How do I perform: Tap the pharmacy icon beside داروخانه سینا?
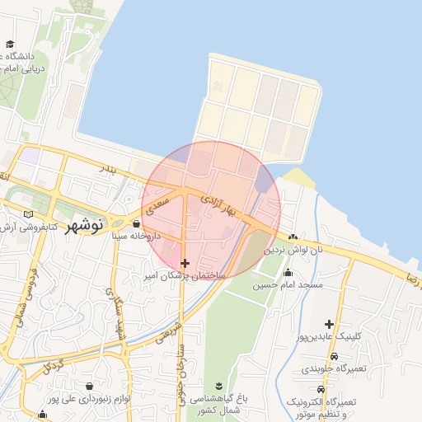(136, 223)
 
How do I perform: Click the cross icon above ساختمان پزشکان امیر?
(185, 262)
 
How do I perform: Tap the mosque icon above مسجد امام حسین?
(288, 273)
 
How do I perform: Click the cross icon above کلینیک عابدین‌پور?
(330, 324)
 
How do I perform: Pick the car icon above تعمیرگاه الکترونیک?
(321, 389)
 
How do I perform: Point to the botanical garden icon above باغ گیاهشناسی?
(218, 387)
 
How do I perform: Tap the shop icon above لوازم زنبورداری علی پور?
(89, 386)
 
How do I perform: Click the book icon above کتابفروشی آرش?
(29, 213)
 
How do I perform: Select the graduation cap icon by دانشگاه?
(10, 45)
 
